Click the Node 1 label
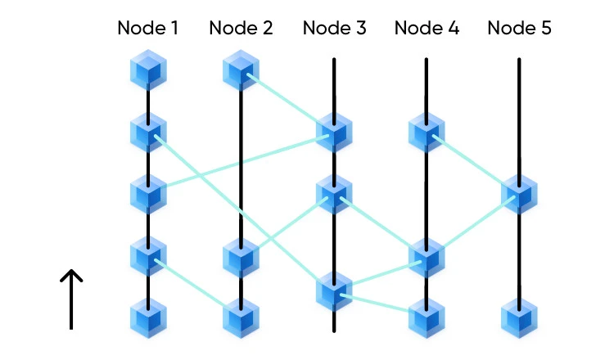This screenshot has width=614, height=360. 148,28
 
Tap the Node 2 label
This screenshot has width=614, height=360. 241,28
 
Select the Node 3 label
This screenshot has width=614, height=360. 334,28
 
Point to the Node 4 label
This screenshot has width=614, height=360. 427,28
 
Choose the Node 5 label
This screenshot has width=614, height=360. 519,28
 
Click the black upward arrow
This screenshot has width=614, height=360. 72,299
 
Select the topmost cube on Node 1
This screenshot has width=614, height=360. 148,71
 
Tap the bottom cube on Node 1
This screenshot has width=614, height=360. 148,317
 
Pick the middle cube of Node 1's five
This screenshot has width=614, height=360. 148,194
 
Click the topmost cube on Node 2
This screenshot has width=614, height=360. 241,71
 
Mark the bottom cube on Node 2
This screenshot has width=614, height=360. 241,317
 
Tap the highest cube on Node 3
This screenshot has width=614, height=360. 334,133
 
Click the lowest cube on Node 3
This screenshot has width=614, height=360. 334,290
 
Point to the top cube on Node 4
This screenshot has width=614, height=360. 427,133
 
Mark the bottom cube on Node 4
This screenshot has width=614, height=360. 427,317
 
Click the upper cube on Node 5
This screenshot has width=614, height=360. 519,194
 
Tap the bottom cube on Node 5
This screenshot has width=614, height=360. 519,317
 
